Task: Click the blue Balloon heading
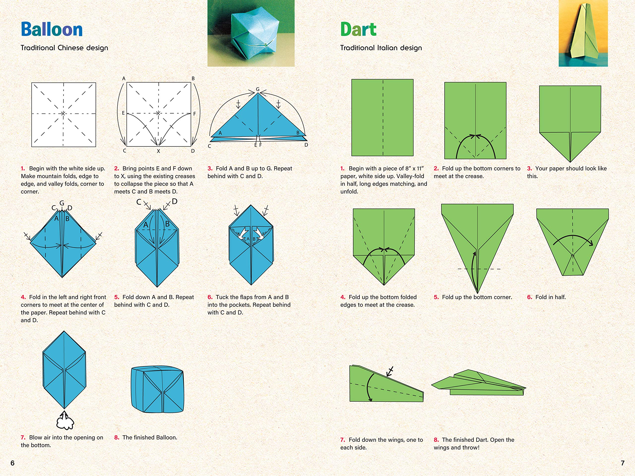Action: point(52,29)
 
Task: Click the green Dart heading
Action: point(358,29)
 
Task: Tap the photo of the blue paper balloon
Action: point(251,33)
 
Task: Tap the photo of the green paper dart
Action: point(583,33)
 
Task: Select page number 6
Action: point(12,463)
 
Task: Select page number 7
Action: point(622,463)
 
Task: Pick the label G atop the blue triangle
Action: point(257,89)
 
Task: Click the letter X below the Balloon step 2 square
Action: point(158,151)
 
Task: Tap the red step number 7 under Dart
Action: point(343,440)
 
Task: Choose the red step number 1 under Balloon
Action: point(23,168)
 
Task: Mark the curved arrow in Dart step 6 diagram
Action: point(573,239)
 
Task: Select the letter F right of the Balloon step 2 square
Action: point(194,114)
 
